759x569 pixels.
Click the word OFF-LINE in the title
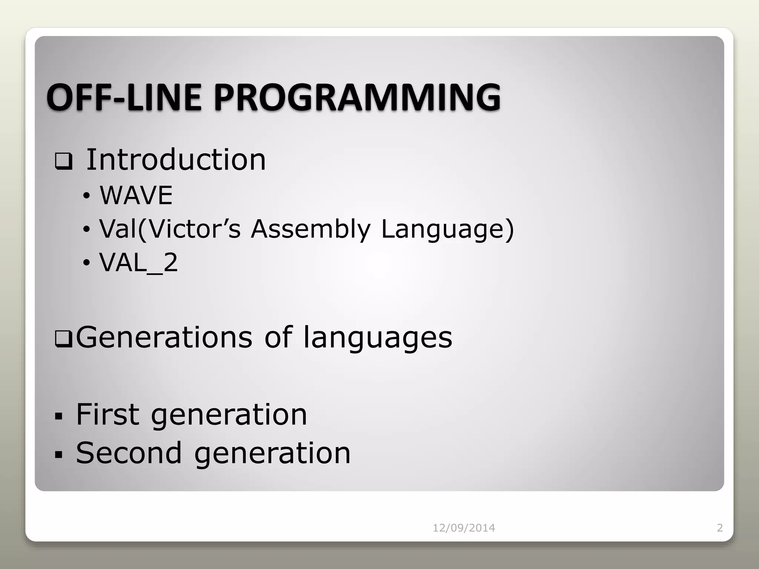click(x=124, y=97)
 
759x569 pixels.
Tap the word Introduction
click(x=176, y=160)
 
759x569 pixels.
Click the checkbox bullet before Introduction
click(x=63, y=162)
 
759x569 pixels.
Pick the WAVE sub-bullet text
click(x=136, y=195)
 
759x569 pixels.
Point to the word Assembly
click(x=311, y=229)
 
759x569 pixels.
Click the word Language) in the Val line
click(x=447, y=230)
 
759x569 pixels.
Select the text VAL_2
click(x=139, y=263)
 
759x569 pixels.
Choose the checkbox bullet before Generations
click(x=63, y=339)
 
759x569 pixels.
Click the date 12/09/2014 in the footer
click(x=464, y=528)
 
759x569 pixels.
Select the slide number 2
click(x=720, y=528)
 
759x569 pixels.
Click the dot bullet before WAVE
click(x=86, y=196)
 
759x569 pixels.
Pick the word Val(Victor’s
click(x=170, y=229)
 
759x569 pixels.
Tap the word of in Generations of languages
click(x=278, y=337)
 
